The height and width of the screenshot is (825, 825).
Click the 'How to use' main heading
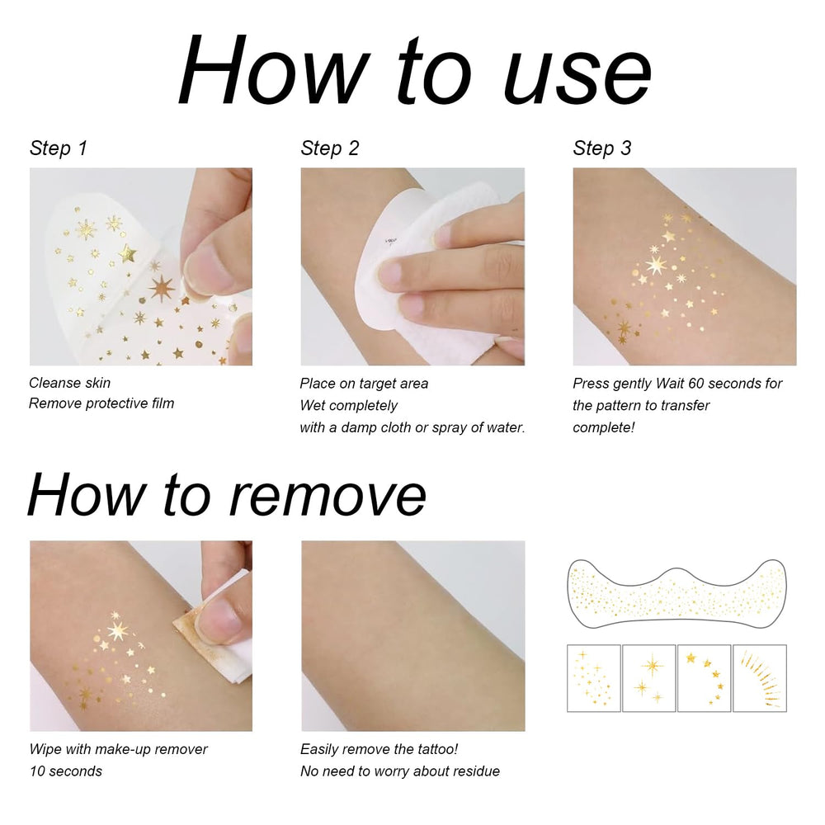click(x=415, y=70)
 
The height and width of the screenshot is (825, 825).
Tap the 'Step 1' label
click(x=58, y=148)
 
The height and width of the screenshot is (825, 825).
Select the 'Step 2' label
click(x=329, y=148)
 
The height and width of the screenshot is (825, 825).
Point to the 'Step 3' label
click(x=602, y=148)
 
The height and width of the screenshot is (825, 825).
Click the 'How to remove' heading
click(x=227, y=494)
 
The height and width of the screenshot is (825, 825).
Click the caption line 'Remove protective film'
click(x=101, y=403)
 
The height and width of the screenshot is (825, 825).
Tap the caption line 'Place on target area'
click(x=364, y=384)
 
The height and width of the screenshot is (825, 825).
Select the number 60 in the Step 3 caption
click(x=696, y=384)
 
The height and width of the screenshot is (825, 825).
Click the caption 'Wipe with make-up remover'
click(x=118, y=749)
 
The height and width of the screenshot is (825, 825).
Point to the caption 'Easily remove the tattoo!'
click(x=379, y=749)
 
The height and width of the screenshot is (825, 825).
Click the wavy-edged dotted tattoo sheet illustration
click(x=677, y=593)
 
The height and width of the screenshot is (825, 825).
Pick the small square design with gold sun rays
click(x=760, y=678)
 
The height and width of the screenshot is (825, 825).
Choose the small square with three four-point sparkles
click(x=649, y=678)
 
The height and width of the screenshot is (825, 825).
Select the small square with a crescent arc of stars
click(x=705, y=678)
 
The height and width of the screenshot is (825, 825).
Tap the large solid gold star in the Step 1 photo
click(x=127, y=253)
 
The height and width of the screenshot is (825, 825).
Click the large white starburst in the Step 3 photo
click(x=656, y=264)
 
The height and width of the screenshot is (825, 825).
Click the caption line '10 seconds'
click(x=66, y=771)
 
